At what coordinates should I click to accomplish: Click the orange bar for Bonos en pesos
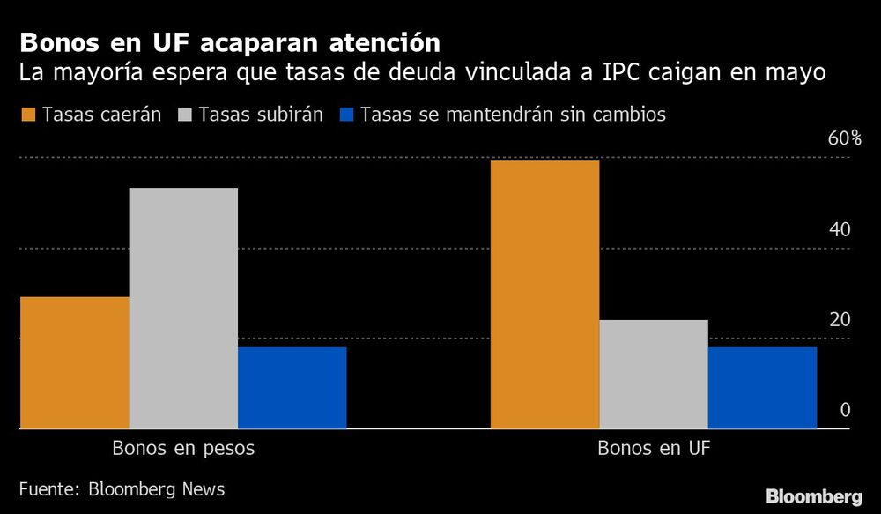[74, 362]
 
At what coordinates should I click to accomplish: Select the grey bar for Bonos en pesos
[183, 308]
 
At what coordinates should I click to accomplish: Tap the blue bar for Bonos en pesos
[292, 388]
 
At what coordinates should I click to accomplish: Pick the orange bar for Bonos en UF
[544, 294]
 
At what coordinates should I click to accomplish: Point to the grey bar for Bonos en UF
[654, 374]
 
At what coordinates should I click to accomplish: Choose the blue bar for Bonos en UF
[762, 388]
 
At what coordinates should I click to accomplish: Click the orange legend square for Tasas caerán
[27, 115]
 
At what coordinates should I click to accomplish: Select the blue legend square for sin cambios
[345, 115]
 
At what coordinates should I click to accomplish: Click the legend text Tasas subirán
[262, 115]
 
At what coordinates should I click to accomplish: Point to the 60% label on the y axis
[844, 138]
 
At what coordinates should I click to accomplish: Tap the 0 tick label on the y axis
[845, 410]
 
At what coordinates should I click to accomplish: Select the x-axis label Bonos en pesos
[183, 448]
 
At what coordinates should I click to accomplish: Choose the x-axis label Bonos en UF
[654, 448]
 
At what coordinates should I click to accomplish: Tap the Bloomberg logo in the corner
[813, 496]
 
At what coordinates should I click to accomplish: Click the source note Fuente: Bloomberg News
[122, 488]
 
